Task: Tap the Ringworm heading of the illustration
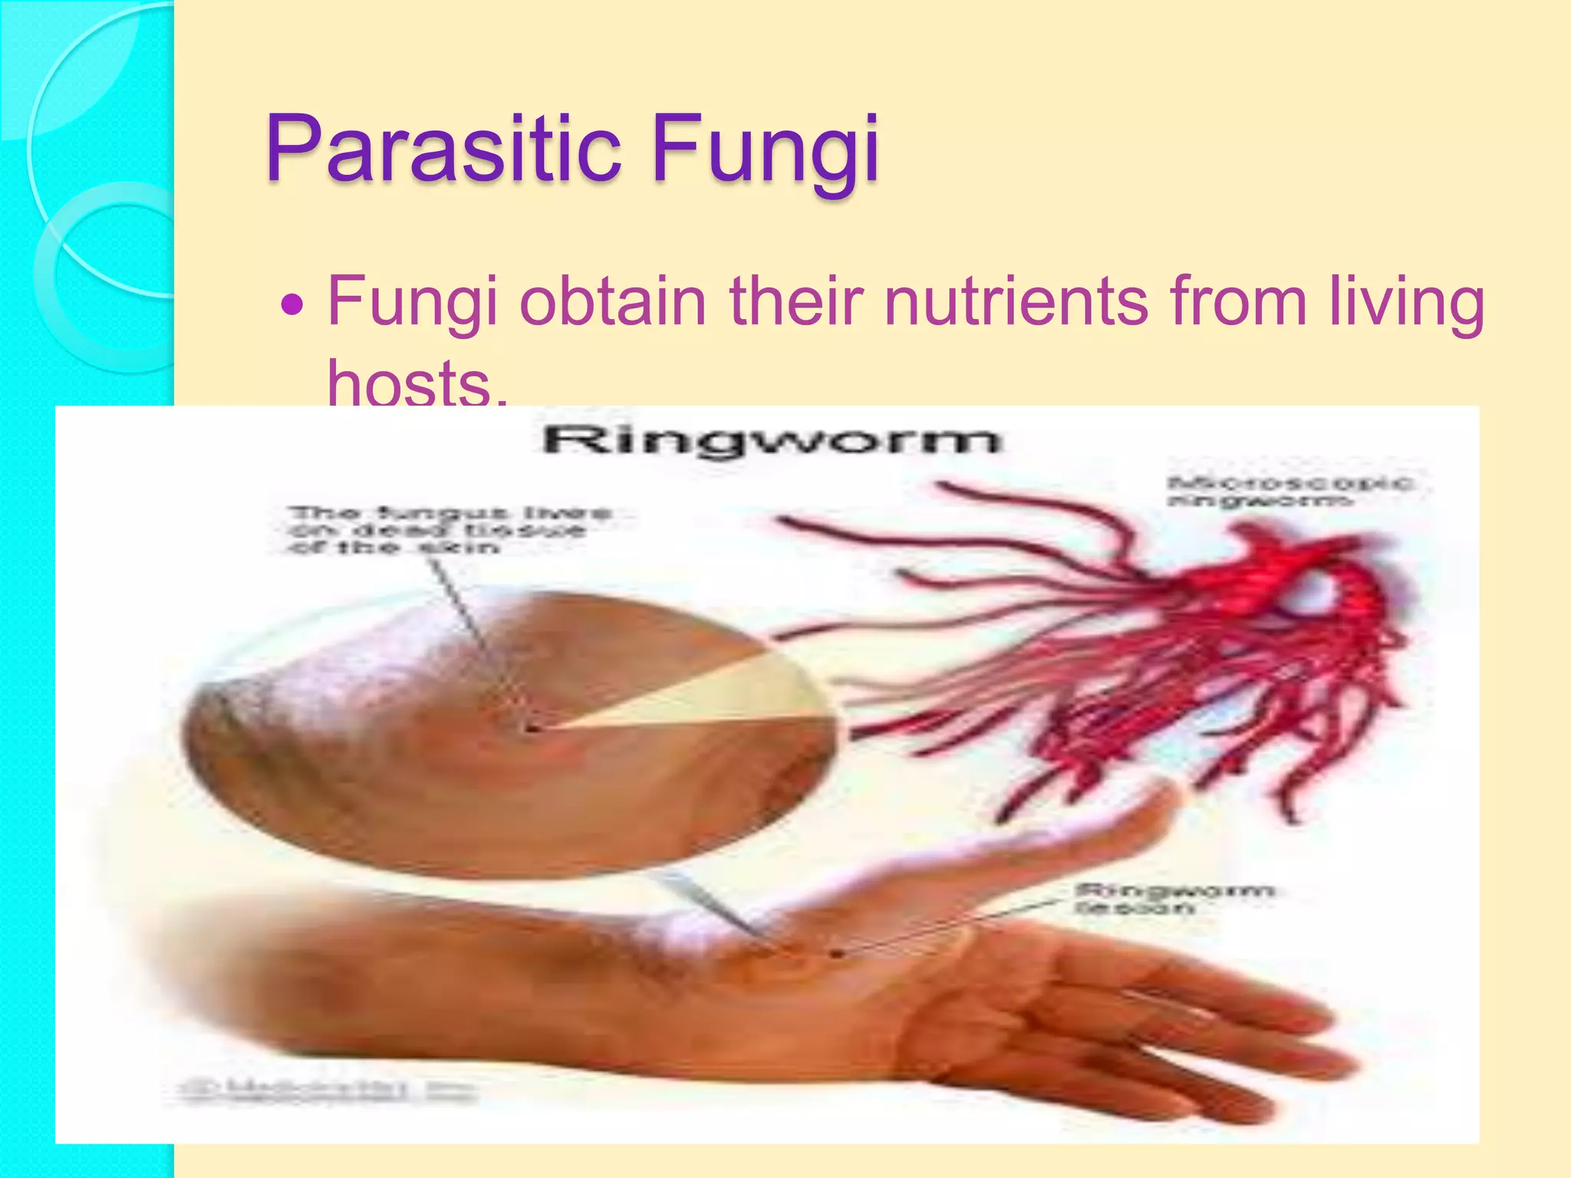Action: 771,441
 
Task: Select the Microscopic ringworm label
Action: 1289,492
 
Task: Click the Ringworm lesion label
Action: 1174,899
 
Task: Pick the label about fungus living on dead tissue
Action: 449,530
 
